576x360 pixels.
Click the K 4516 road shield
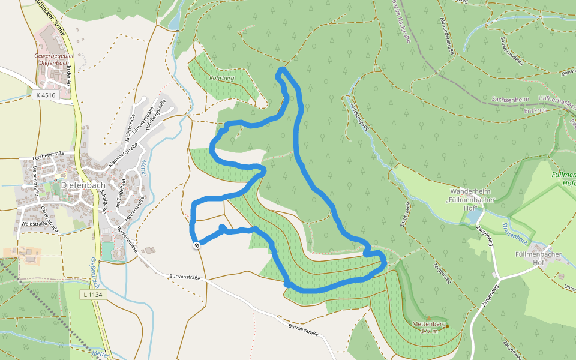coord(45,95)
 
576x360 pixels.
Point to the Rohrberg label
coord(221,78)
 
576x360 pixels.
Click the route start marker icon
coord(196,245)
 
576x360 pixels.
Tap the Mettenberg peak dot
coord(447,326)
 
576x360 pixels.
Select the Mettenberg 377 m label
coord(429,328)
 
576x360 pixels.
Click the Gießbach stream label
coord(94,268)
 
